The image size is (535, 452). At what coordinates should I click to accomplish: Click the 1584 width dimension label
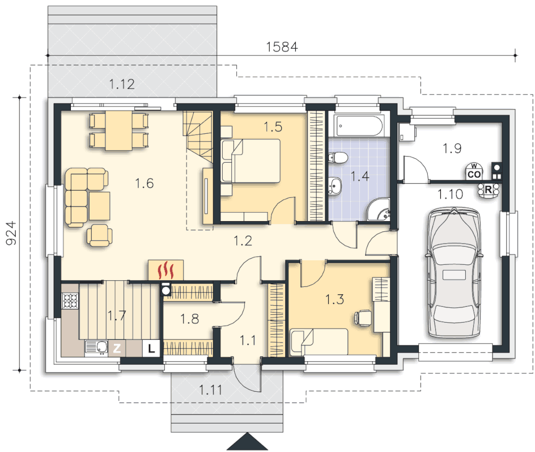click(282, 47)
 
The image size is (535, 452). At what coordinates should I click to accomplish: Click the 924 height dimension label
click(11, 233)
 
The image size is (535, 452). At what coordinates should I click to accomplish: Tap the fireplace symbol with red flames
click(166, 270)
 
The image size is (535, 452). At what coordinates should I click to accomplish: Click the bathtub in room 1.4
click(359, 125)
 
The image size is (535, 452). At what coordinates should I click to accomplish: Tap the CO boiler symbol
click(474, 171)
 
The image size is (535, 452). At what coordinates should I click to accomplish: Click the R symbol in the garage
click(489, 190)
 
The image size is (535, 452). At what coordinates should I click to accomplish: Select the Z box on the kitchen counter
click(117, 349)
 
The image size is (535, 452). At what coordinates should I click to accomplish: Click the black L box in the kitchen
click(151, 349)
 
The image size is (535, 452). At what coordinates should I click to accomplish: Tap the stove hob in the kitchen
click(70, 301)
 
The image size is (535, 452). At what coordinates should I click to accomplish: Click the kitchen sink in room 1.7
click(96, 348)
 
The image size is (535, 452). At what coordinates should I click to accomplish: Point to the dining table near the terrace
click(119, 130)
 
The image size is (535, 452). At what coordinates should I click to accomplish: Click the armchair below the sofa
click(99, 235)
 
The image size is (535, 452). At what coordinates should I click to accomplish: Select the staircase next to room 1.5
click(198, 137)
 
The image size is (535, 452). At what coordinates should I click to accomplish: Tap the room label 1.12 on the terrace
click(122, 84)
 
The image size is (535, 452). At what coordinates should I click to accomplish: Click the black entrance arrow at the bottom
click(247, 442)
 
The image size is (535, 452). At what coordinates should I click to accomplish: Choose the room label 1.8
click(189, 319)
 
